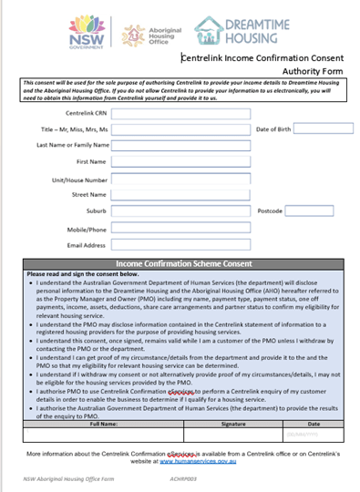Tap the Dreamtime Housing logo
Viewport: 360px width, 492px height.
(232, 29)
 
